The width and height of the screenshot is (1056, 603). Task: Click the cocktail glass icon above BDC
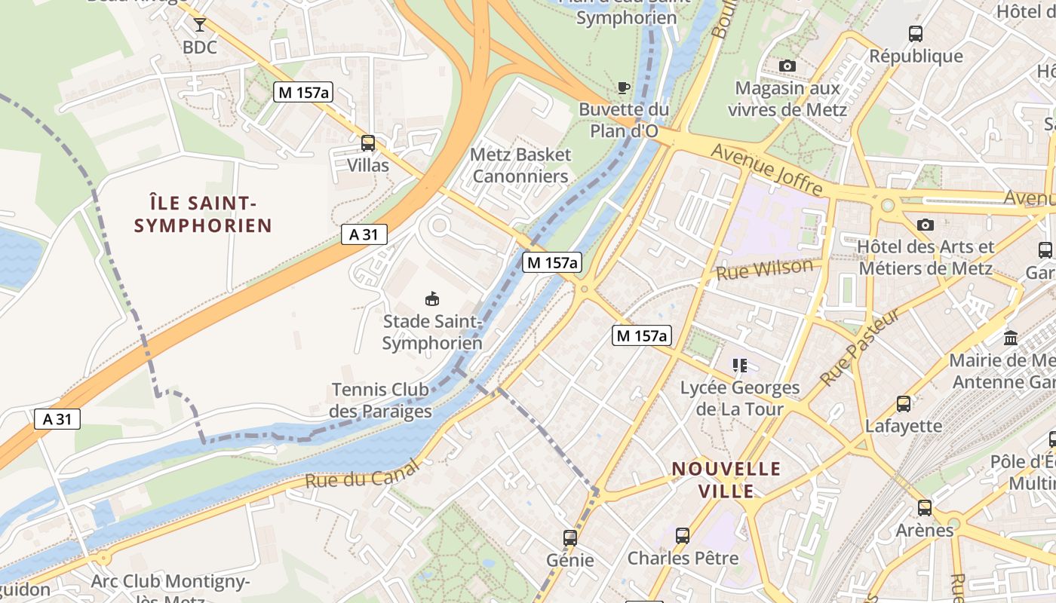199,25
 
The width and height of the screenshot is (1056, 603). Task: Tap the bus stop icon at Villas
368,142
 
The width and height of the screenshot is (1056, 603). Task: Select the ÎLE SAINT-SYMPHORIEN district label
203,214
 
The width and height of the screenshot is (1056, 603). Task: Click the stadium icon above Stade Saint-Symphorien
432,299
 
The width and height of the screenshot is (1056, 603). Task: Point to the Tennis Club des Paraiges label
380,400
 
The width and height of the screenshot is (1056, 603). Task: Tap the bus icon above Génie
570,538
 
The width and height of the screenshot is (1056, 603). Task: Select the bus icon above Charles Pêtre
683,536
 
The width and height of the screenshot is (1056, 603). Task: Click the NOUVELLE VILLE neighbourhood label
726,480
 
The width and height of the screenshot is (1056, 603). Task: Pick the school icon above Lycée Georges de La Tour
740,366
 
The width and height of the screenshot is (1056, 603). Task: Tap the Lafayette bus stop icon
904,404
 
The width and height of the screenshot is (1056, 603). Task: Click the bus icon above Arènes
925,508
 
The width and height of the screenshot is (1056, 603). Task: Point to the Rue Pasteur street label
860,347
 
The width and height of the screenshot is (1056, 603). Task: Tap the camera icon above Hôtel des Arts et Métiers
926,225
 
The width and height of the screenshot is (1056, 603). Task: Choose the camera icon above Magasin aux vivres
787,66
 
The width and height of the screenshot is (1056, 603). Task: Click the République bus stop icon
916,34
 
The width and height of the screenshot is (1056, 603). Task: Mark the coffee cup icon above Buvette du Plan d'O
624,87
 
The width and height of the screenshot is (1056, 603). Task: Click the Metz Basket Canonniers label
520,165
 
